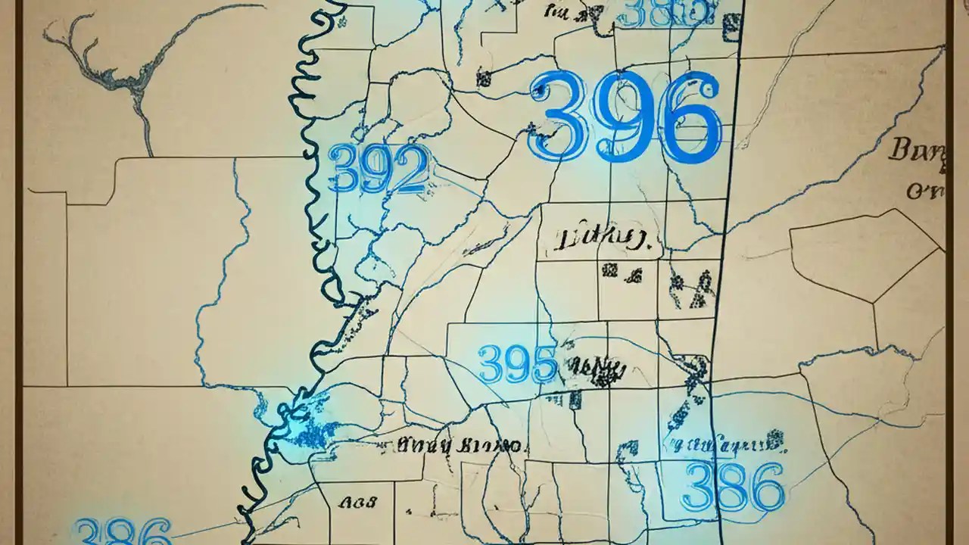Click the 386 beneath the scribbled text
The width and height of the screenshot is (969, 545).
tap(732, 487)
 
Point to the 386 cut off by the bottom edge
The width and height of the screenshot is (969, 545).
tap(122, 531)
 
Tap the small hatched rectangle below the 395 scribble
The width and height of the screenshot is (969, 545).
tap(575, 399)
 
